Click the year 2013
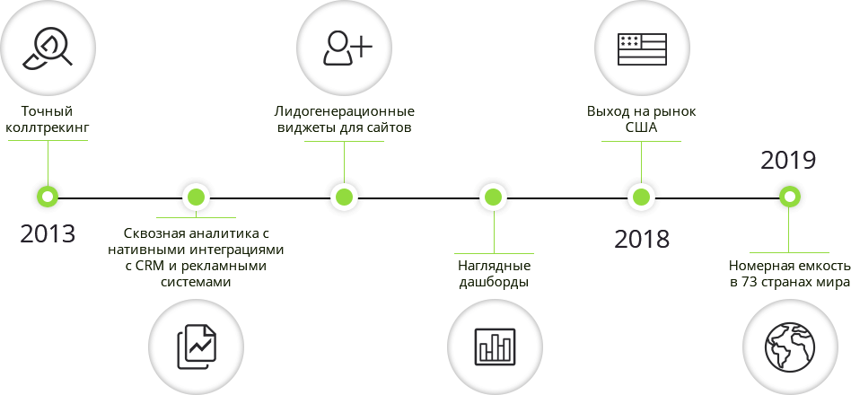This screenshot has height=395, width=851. (48, 233)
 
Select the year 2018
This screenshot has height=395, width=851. (642, 240)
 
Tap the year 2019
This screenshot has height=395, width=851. (788, 161)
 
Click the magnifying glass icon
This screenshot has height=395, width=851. (48, 48)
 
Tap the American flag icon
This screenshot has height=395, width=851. (642, 48)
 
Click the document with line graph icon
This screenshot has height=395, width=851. (197, 347)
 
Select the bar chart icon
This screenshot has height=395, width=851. (495, 347)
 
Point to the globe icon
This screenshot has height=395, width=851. (790, 347)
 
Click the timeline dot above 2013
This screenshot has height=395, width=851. (48, 197)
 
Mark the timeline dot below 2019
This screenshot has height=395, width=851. (790, 197)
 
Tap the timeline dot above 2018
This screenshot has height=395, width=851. (642, 197)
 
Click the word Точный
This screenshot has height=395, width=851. (47, 112)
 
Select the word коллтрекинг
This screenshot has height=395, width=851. (47, 128)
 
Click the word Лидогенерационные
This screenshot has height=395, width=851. (344, 112)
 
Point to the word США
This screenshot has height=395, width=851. (641, 128)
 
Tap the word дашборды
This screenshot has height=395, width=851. (494, 283)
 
